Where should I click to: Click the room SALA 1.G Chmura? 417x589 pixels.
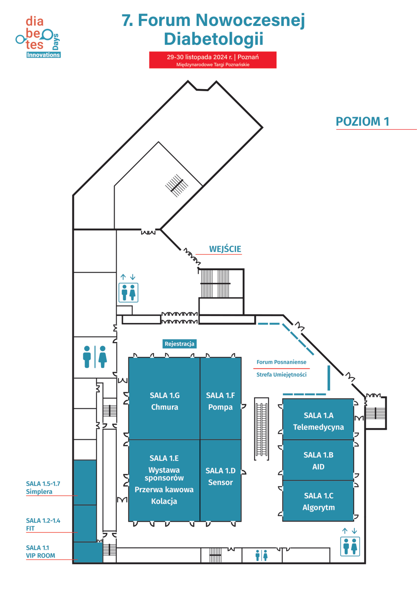[164, 401]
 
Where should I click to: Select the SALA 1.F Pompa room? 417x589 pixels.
[220, 401]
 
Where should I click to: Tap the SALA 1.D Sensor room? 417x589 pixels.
[220, 476]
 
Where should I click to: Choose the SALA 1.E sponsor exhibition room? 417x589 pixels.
[164, 479]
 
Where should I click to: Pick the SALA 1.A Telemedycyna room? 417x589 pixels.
[318, 421]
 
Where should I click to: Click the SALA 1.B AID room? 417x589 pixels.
[318, 461]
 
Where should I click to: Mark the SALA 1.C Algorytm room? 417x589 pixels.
[318, 501]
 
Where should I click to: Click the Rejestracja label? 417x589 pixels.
[179, 344]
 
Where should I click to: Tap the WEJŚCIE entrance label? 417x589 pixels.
[225, 249]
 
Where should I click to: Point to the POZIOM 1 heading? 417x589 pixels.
[362, 122]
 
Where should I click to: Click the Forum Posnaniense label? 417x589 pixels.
[281, 362]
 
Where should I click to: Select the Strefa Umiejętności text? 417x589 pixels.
[281, 375]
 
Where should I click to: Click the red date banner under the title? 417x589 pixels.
[213, 60]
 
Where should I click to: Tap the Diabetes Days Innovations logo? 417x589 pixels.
[38, 37]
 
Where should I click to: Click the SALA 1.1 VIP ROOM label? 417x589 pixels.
[41, 552]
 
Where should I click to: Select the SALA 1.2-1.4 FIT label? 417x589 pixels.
[43, 525]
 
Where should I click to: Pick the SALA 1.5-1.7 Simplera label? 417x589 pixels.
[43, 488]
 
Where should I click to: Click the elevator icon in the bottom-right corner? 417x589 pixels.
[350, 546]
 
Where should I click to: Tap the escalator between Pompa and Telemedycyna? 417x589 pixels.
[262, 429]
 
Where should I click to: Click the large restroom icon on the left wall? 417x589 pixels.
[95, 357]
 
